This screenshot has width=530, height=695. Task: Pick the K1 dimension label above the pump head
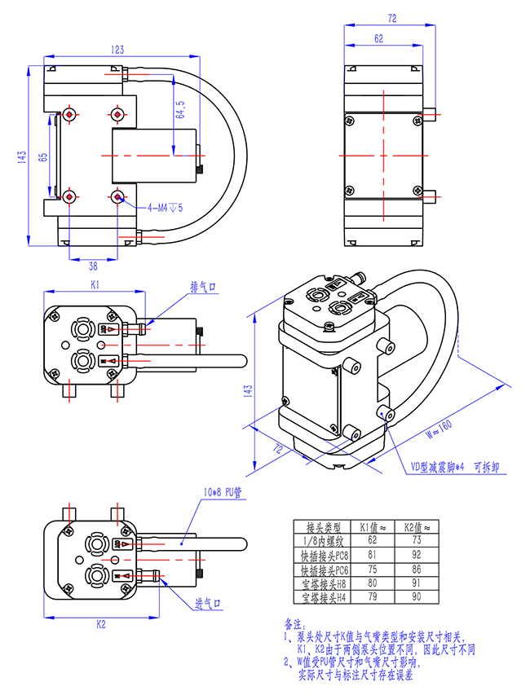click(x=94, y=286)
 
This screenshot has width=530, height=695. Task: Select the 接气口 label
click(x=203, y=287)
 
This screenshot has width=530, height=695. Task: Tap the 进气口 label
click(x=209, y=604)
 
